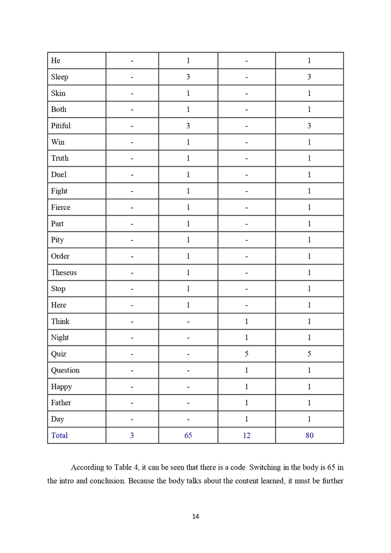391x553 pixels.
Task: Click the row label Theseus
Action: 63,272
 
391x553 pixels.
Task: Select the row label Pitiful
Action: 61,126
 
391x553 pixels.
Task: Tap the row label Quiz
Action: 58,354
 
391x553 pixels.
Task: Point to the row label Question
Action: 65,370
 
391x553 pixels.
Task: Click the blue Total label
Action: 59,435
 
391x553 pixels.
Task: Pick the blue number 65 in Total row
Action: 188,435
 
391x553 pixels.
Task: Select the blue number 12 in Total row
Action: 246,435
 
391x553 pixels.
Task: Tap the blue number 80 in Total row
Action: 309,435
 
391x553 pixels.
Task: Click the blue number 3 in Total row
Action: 131,435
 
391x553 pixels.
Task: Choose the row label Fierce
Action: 61,207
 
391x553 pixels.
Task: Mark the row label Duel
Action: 58,175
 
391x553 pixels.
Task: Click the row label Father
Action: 61,403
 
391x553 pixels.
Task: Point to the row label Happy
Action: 61,387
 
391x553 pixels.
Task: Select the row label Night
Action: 59,338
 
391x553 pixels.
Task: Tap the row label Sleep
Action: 59,77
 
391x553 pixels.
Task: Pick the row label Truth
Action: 59,158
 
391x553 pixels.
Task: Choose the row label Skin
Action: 58,93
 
